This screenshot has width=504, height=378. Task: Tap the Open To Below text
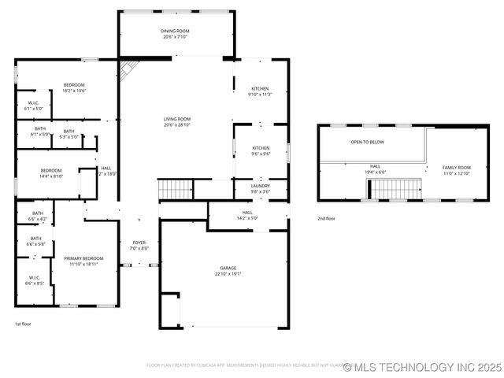[368, 143]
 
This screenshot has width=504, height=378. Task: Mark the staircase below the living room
[176, 190]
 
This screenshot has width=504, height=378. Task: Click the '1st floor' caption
[24, 324]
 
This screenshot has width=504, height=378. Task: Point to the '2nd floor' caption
[326, 218]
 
